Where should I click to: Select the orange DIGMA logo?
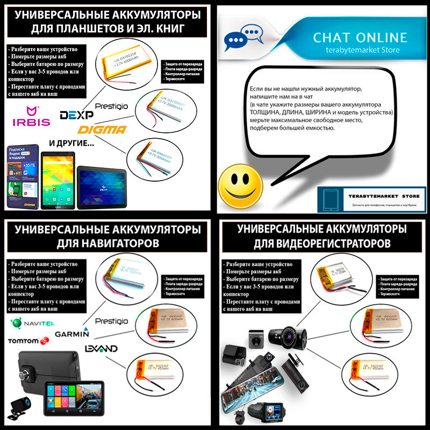102,130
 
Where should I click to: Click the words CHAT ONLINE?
360,38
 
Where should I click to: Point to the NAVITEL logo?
32,323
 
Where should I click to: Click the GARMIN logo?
71,333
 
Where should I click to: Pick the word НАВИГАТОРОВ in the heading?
107,243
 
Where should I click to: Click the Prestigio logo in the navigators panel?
111,321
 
